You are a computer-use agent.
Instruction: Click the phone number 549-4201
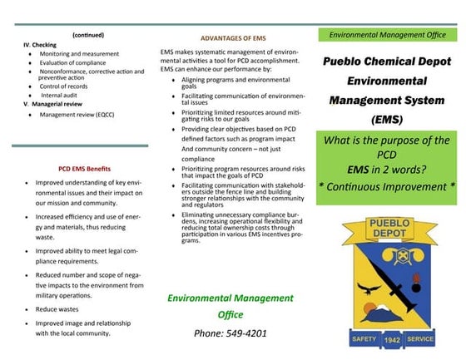tap(218, 333)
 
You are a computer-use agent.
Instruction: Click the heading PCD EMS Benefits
tap(82, 166)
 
